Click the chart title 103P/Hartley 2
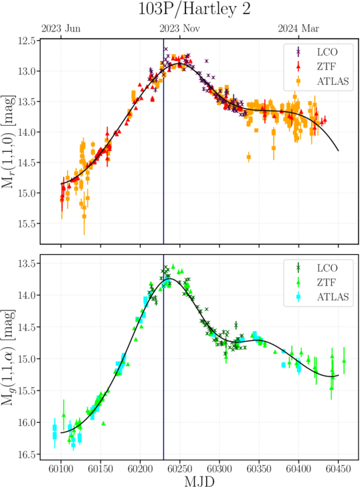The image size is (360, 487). [194, 9]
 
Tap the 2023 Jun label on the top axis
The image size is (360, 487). [61, 29]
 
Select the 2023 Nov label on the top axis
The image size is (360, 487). [180, 29]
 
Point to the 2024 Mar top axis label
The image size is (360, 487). [298, 29]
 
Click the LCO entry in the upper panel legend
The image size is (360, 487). [317, 52]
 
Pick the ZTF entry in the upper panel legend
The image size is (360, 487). [317, 66]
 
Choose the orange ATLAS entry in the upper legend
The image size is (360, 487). [323, 81]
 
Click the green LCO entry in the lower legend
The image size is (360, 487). [317, 268]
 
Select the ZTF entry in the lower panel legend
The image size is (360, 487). [317, 282]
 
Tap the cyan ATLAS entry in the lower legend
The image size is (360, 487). [323, 297]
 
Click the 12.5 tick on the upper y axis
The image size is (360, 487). [27, 41]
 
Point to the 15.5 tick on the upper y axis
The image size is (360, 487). [27, 223]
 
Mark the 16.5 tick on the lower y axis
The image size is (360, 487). [27, 455]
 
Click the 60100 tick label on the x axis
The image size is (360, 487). [61, 469]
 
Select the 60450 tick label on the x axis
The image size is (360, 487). [339, 469]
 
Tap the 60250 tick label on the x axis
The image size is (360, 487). [180, 469]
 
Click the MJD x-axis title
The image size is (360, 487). [199, 481]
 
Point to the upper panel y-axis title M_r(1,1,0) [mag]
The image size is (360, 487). [9, 142]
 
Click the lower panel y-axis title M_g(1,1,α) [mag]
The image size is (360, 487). [9, 357]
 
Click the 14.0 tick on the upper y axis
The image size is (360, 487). [27, 132]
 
